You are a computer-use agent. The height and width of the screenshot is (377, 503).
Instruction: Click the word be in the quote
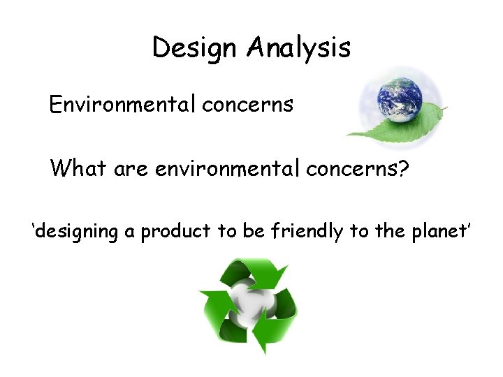[252, 231]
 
